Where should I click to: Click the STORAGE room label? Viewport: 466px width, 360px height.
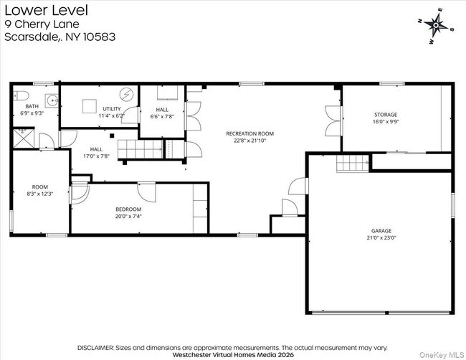385,114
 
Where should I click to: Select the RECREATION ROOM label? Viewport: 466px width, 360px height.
249,133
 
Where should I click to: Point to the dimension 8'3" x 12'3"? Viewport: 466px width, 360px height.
40,193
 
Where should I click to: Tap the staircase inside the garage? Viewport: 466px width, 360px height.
353,164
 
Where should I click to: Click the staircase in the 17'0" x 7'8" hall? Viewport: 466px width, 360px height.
133,149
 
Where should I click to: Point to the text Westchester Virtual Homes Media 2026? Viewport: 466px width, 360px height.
233,353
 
